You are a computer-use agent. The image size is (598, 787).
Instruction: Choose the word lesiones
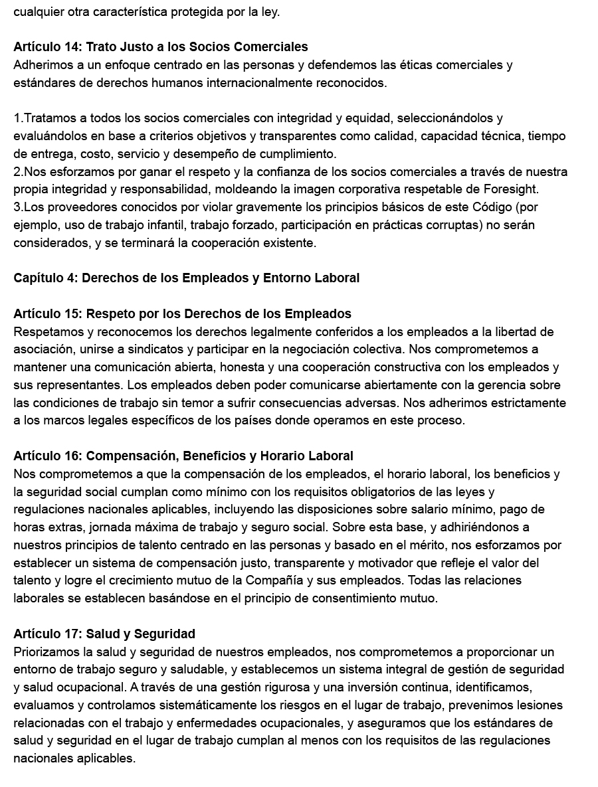point(537,705)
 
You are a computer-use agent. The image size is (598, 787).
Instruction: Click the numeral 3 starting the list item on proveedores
point(17,207)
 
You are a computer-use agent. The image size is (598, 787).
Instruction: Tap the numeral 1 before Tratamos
point(17,118)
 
